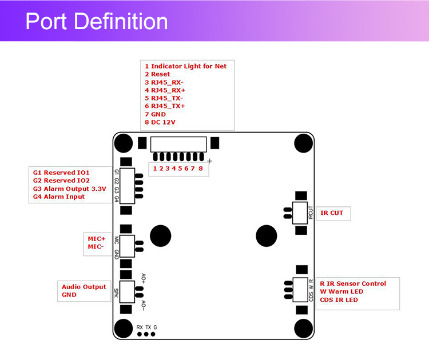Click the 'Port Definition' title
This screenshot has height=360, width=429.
[x=97, y=22]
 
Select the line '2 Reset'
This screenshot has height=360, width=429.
[x=157, y=74]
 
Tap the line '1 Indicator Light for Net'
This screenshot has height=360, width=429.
[x=185, y=66]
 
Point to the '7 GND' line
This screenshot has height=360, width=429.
[x=155, y=114]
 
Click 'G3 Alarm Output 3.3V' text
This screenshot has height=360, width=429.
[x=69, y=189]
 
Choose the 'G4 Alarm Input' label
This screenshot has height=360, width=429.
[x=59, y=197]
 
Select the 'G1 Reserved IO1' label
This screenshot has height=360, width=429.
[x=61, y=172]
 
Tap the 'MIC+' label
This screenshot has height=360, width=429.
[x=97, y=238]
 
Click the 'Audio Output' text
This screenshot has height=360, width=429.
[x=84, y=287]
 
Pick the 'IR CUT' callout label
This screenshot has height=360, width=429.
[x=332, y=213]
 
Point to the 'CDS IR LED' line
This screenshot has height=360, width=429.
[x=339, y=300]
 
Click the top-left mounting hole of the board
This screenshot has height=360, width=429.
[x=123, y=142]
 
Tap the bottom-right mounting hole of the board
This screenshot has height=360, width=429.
[x=304, y=329]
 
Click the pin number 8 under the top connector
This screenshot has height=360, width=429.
[x=200, y=169]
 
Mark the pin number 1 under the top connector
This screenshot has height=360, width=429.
[x=155, y=169]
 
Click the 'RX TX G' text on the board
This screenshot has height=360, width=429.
[x=146, y=326]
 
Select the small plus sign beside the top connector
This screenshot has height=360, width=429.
[x=210, y=161]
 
